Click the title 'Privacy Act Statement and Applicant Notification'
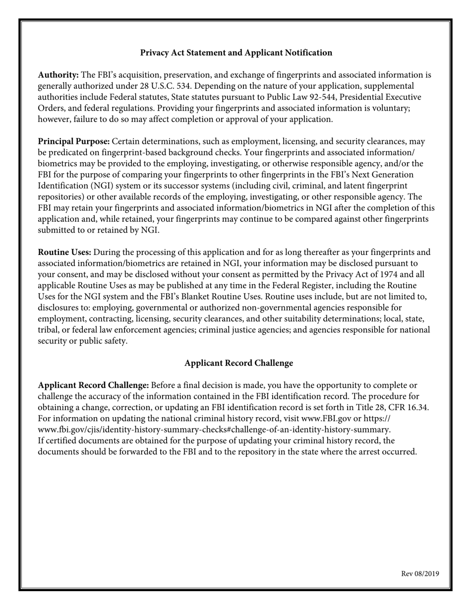(236, 53)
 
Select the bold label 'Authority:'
(58, 75)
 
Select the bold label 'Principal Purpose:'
(74, 141)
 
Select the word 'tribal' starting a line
(49, 330)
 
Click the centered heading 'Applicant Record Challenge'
(238, 363)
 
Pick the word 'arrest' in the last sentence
(369, 452)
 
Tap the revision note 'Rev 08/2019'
(420, 574)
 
